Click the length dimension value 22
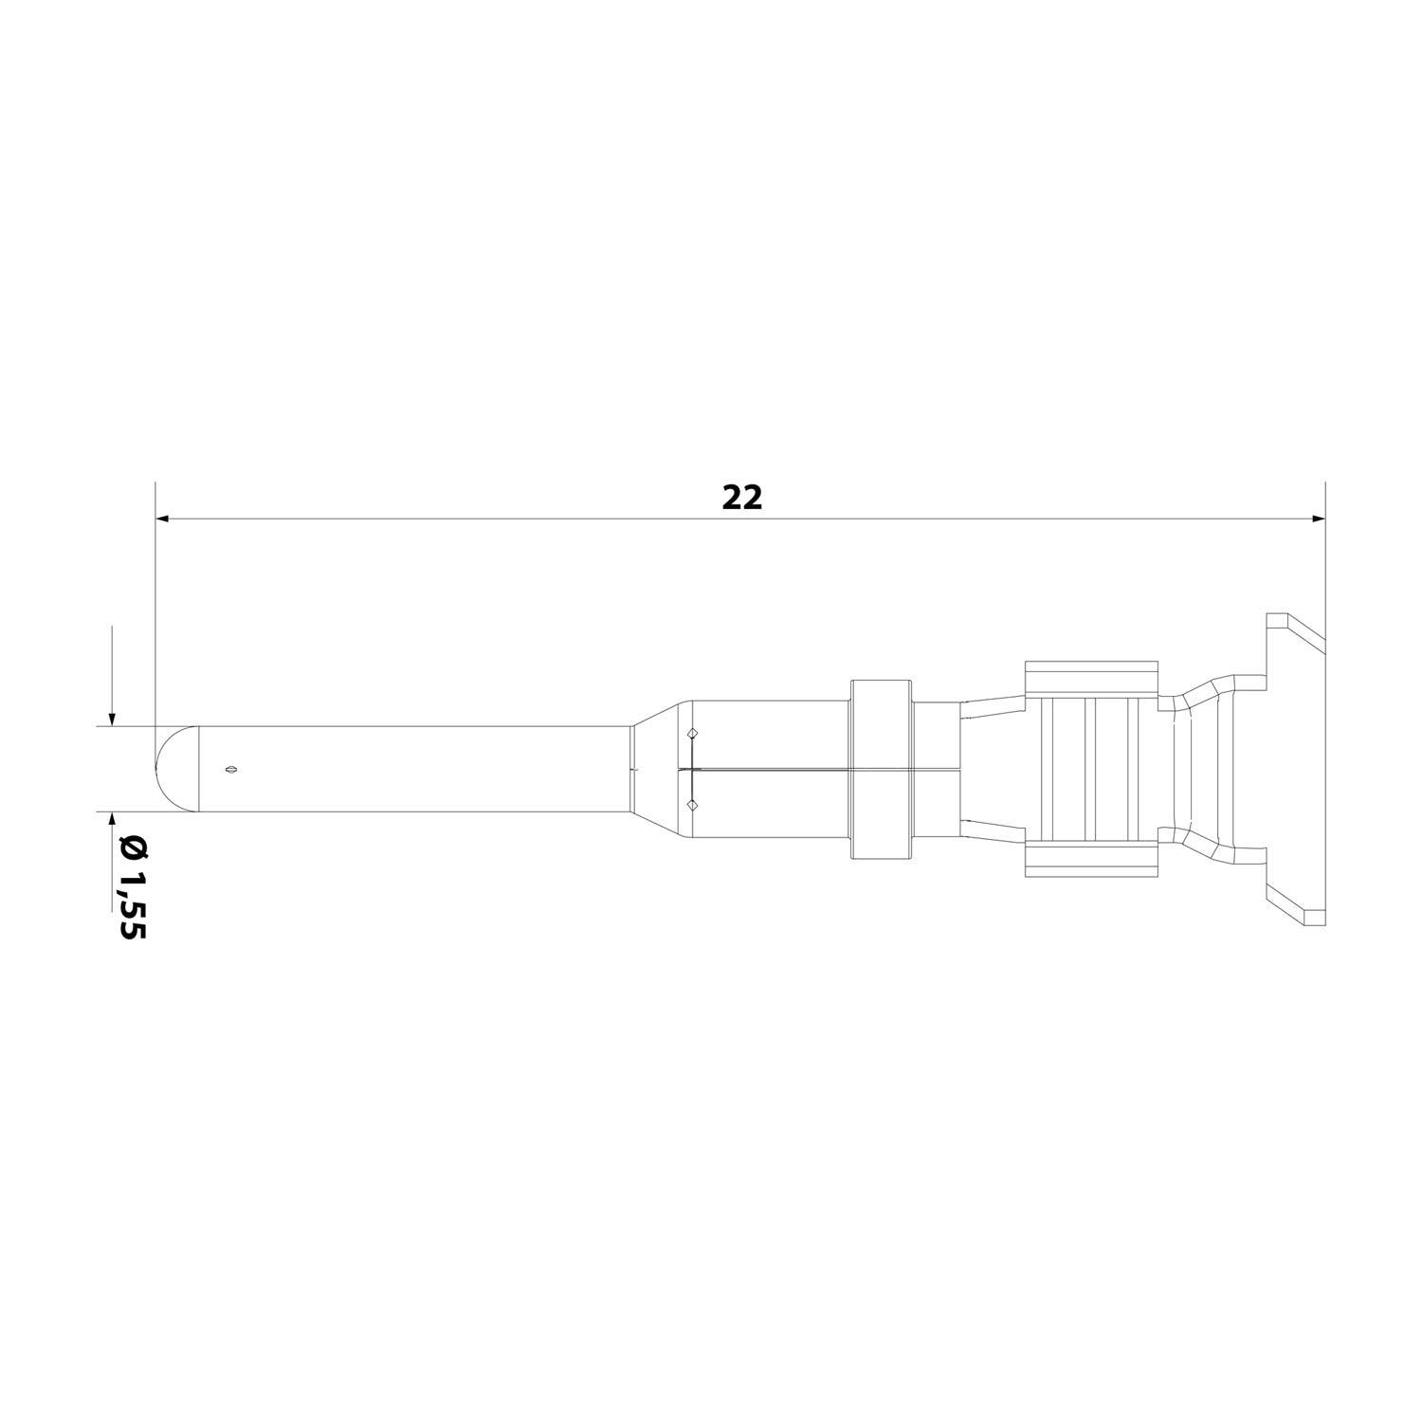pyautogui.click(x=741, y=498)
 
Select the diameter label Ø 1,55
pyautogui.click(x=131, y=886)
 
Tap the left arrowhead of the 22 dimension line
pyautogui.click(x=162, y=519)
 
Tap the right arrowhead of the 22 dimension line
pyautogui.click(x=1317, y=519)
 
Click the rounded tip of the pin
pyautogui.click(x=175, y=769)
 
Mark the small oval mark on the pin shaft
pyautogui.click(x=228, y=770)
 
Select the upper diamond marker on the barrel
pyautogui.click(x=692, y=733)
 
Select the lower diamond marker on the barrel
pyautogui.click(x=692, y=805)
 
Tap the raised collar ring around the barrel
pyautogui.click(x=882, y=769)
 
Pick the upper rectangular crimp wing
pyautogui.click(x=1091, y=679)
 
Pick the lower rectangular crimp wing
pyautogui.click(x=1091, y=859)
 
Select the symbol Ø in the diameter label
pyautogui.click(x=131, y=847)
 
